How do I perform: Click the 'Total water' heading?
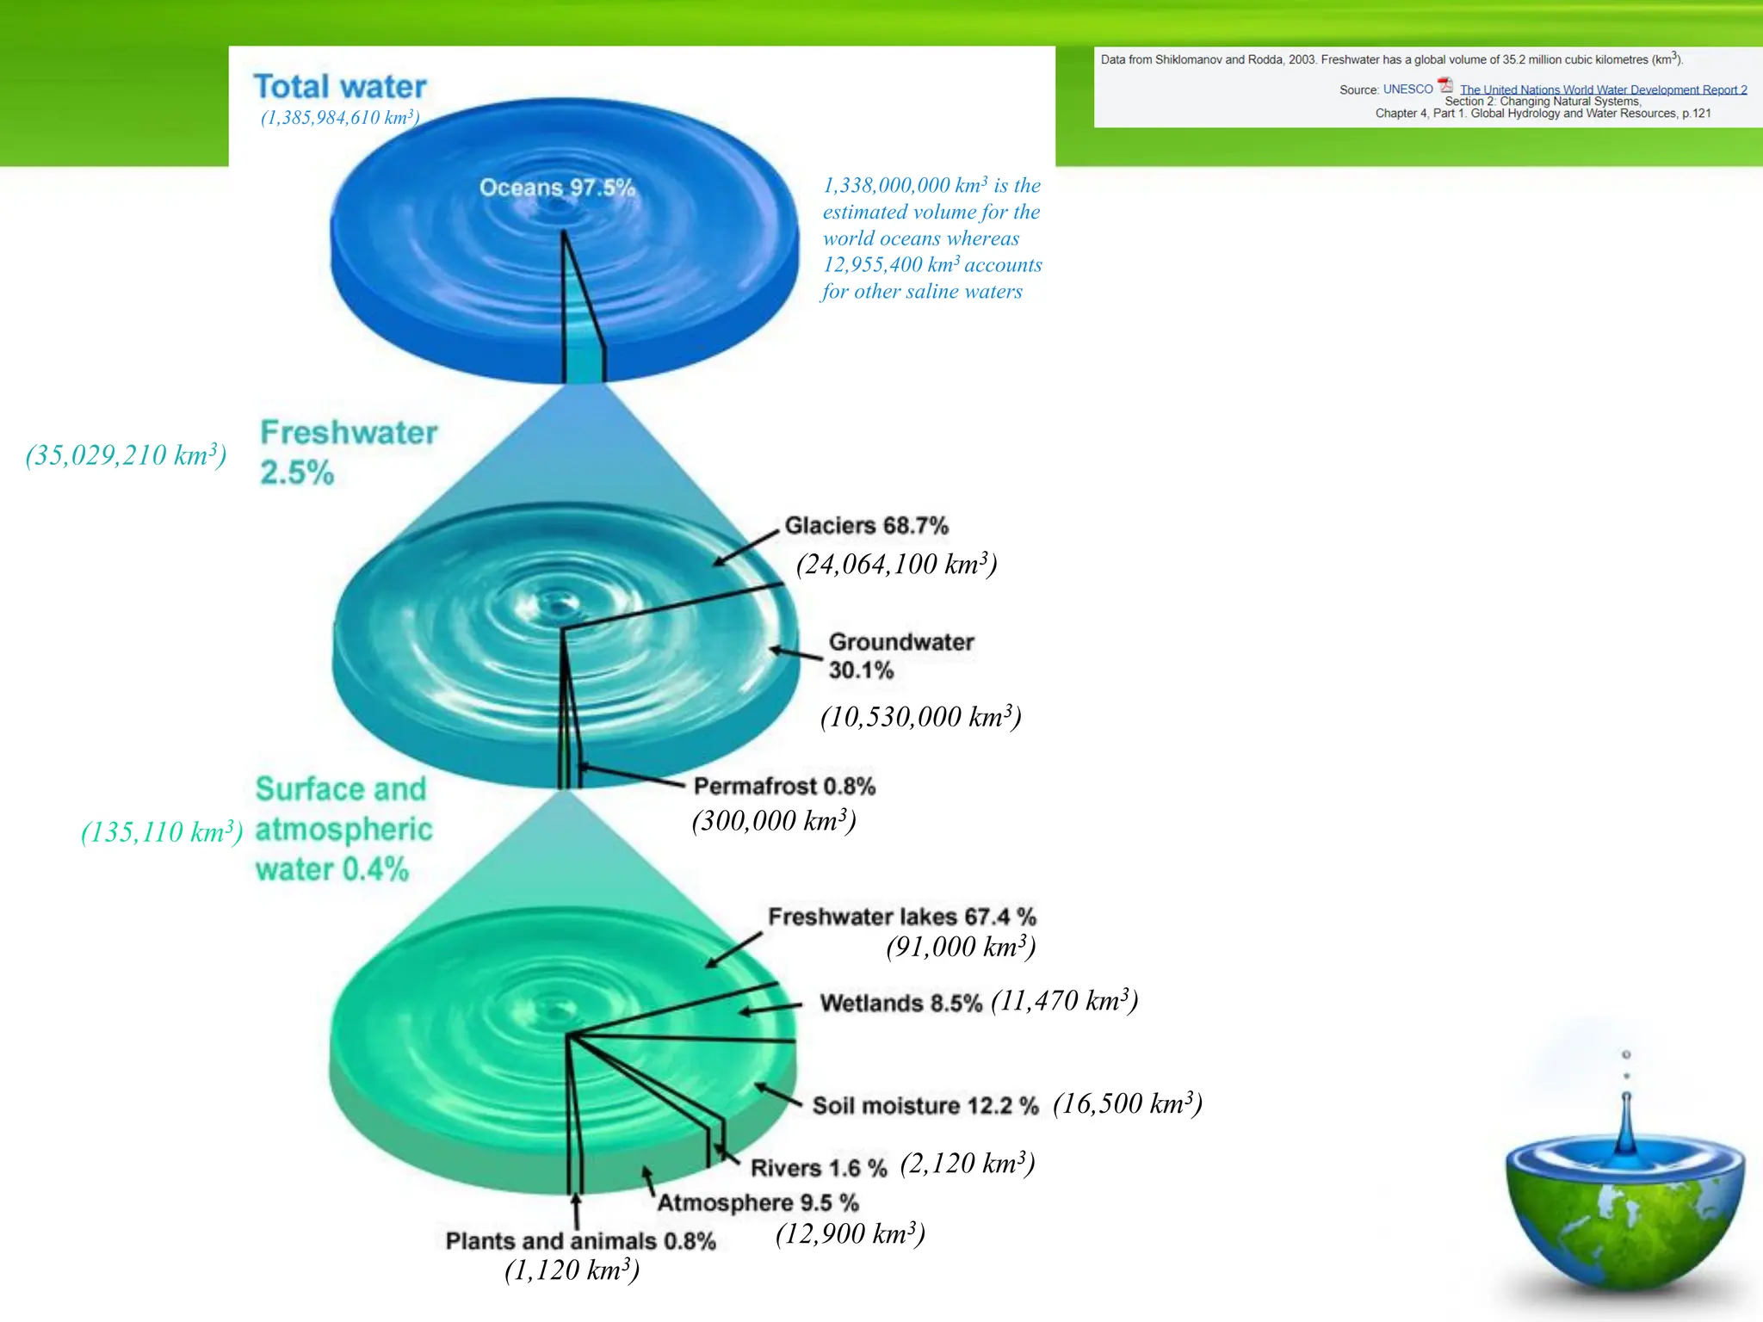coord(340,87)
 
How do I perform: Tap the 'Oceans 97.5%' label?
coord(557,188)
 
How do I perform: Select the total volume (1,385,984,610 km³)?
coord(340,118)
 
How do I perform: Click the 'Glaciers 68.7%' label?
coord(866,526)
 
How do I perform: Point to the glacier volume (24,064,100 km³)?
coord(896,565)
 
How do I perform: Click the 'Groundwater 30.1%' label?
coord(900,656)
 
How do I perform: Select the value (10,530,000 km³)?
coord(920,717)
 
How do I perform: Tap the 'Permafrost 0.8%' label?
coord(784,787)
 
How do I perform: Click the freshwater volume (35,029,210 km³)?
coord(126,455)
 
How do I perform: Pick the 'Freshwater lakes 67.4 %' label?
coord(901,917)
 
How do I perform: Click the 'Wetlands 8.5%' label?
coord(900,1004)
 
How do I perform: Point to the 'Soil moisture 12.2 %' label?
coord(925,1106)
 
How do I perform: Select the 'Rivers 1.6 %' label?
coord(818,1168)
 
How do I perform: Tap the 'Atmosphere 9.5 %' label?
coord(758,1202)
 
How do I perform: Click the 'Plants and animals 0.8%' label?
coord(580,1241)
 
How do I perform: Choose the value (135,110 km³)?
coord(162,832)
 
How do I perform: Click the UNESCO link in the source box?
coord(1407,90)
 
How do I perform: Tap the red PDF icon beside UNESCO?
coord(1445,86)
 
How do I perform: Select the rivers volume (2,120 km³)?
coord(967,1164)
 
